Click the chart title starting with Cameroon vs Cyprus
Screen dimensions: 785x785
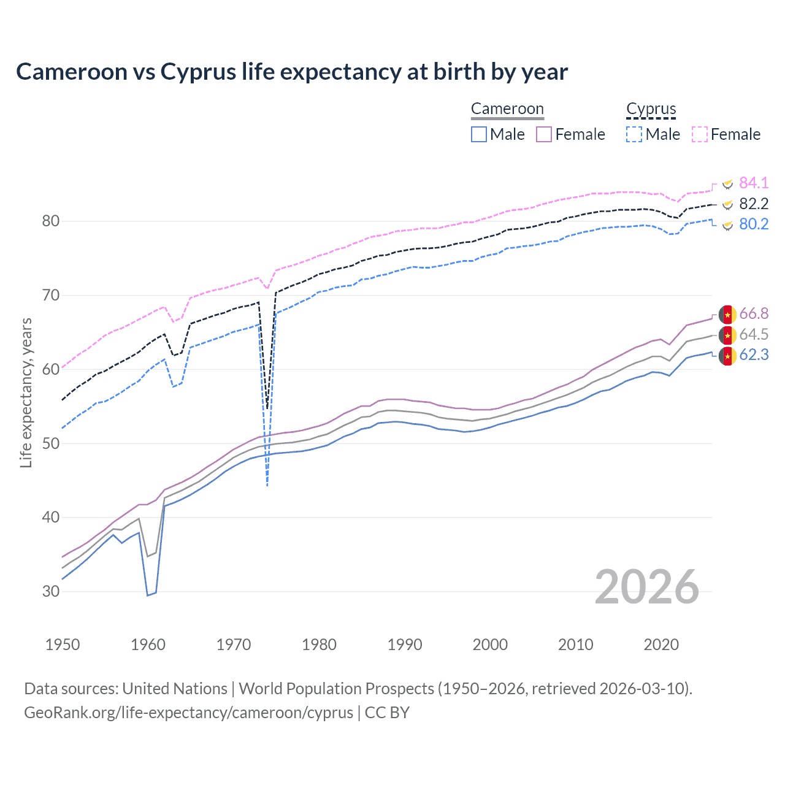point(292,72)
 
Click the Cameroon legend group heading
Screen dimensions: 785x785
point(507,109)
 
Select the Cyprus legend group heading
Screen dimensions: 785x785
point(651,109)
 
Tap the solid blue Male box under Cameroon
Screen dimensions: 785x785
point(479,134)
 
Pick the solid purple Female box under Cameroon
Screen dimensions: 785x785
point(544,134)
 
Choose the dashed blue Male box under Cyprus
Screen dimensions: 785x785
point(634,134)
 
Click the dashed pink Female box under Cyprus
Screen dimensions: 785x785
point(700,134)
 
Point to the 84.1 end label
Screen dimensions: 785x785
point(753,183)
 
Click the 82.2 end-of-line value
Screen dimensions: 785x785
point(753,204)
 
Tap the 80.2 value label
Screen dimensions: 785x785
point(753,224)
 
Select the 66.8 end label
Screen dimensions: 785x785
point(753,314)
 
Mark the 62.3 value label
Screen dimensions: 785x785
point(753,355)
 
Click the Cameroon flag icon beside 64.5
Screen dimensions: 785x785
point(727,335)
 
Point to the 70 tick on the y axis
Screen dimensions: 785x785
point(50,296)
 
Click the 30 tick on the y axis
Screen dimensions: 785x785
point(50,592)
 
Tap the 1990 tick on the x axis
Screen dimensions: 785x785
point(405,645)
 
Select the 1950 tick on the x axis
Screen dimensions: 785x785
point(63,645)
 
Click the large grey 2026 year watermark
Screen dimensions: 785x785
point(646,587)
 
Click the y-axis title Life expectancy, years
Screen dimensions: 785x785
point(26,392)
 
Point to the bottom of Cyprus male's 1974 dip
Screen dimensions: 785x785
point(267,486)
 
